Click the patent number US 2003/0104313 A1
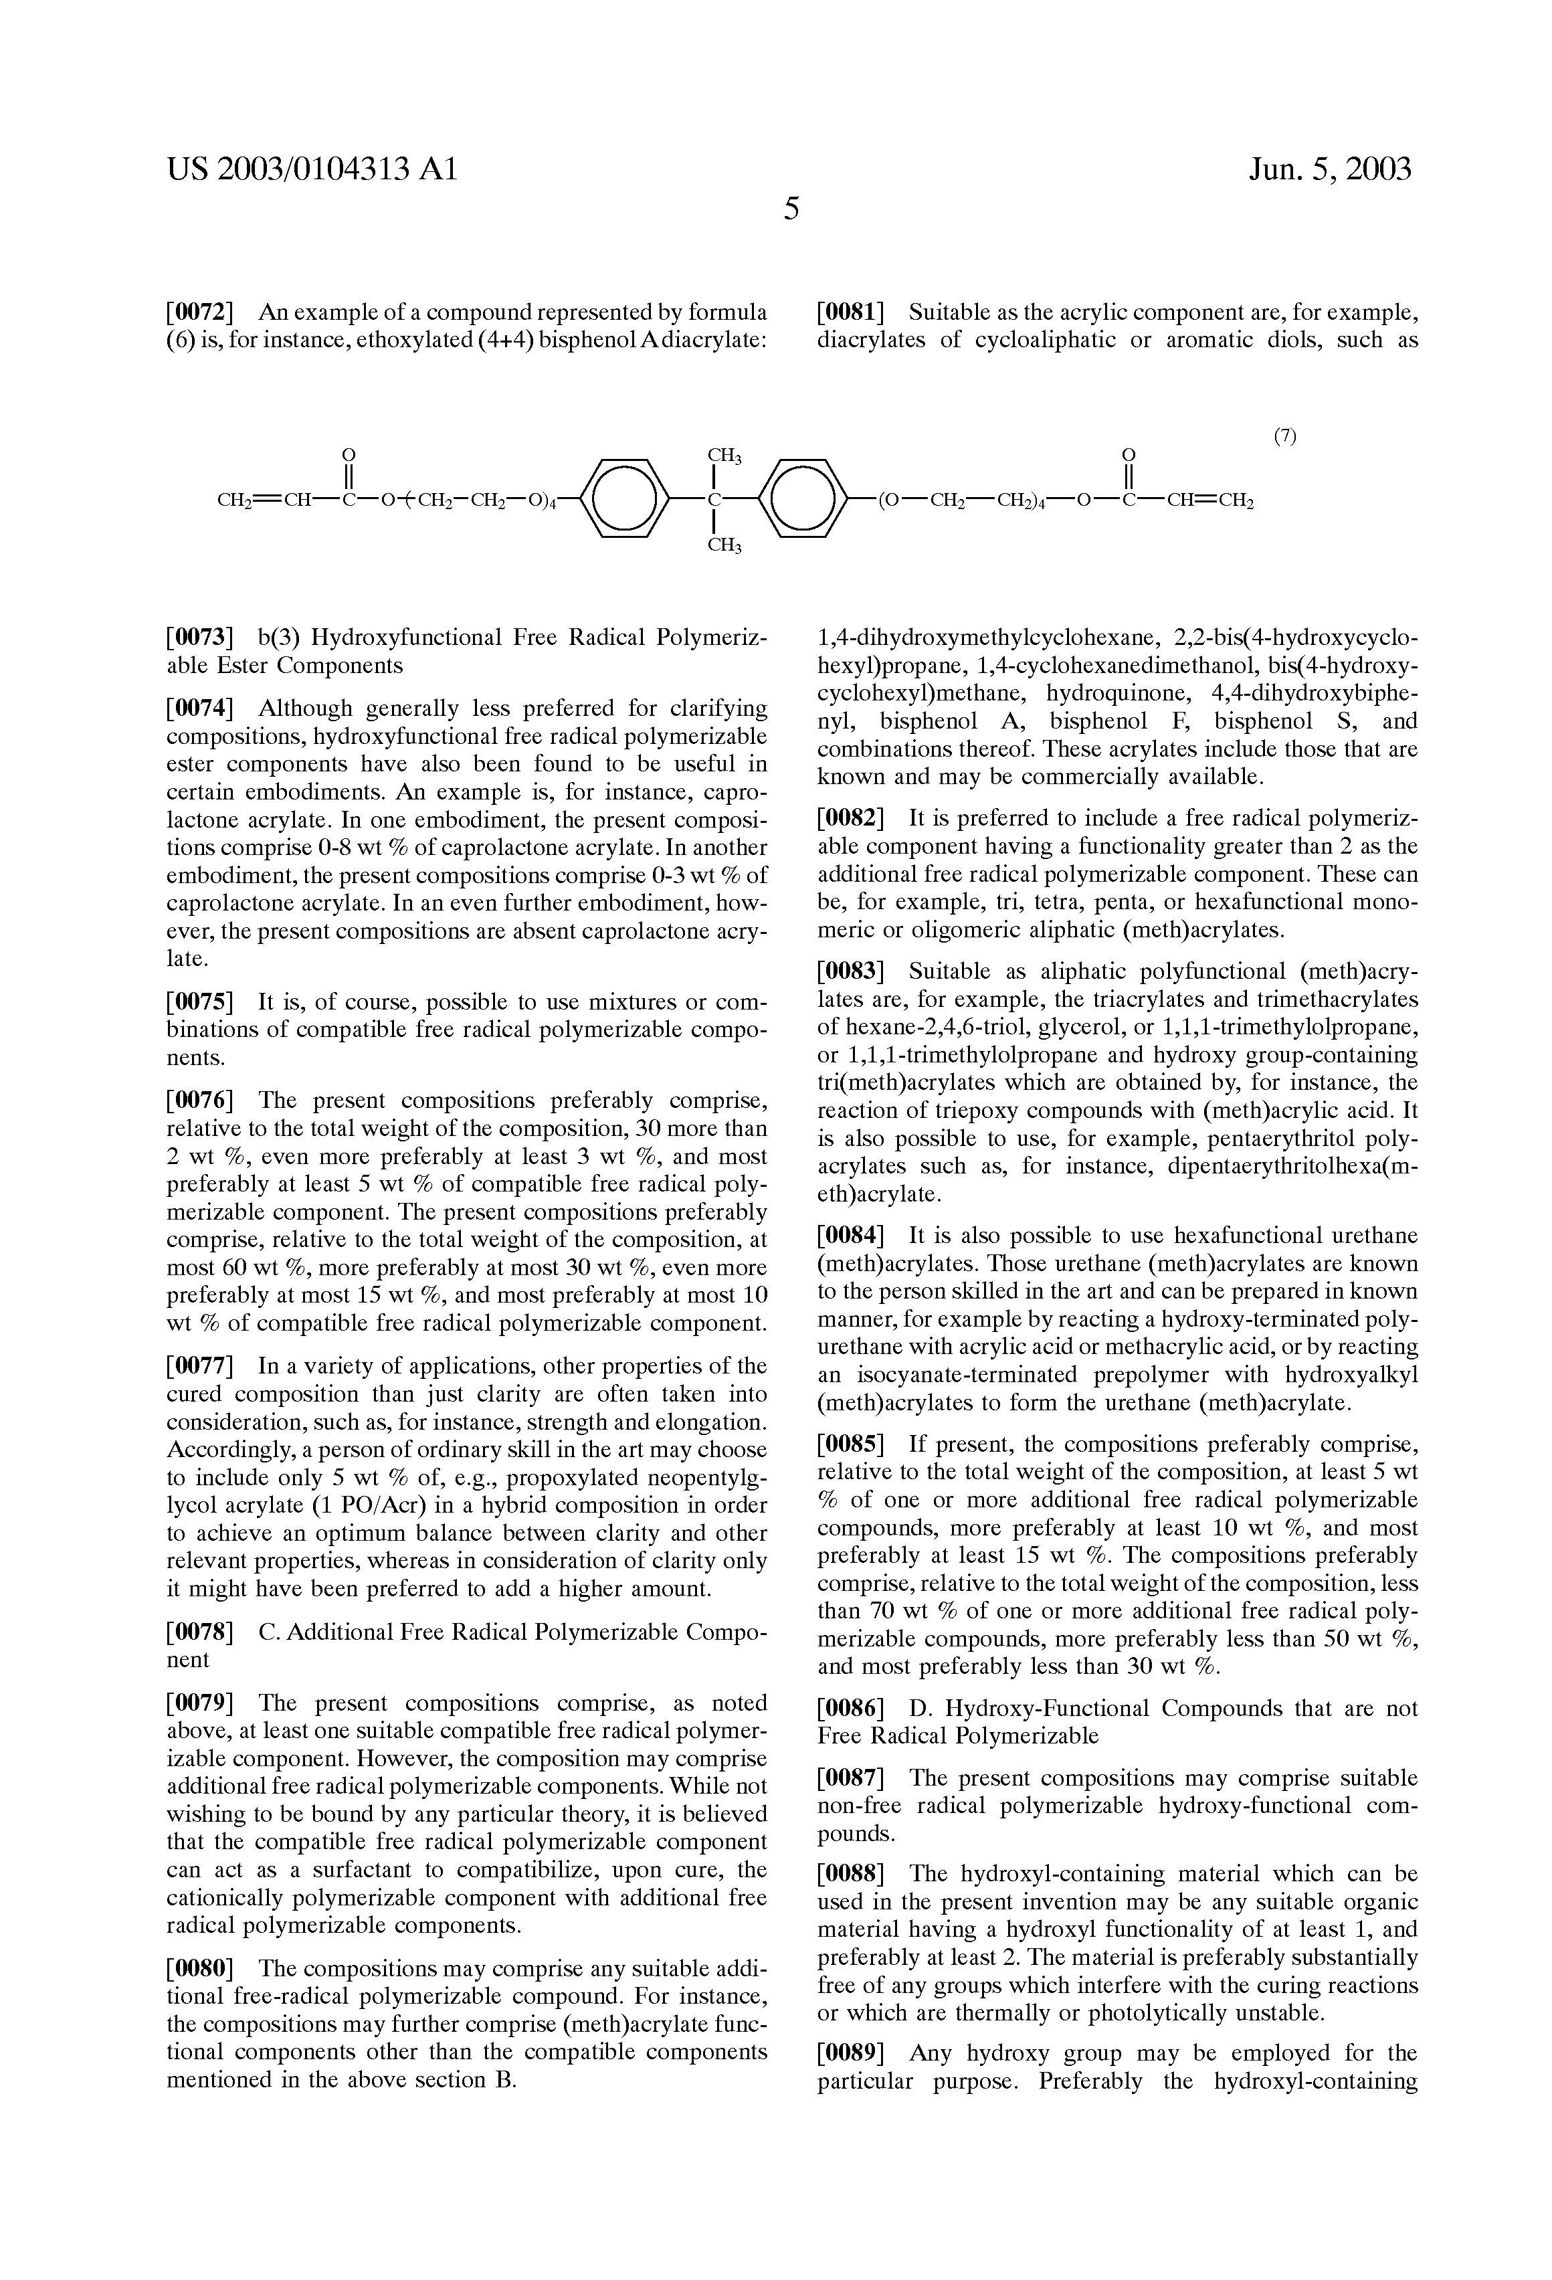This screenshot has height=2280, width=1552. (x=312, y=171)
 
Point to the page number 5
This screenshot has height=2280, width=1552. (x=791, y=208)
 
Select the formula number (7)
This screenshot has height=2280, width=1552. (x=1284, y=438)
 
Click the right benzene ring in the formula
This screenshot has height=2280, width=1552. (x=803, y=499)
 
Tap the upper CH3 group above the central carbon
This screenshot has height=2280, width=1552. (x=724, y=455)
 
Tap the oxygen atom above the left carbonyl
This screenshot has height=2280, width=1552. (x=347, y=454)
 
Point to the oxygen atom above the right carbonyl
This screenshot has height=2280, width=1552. (x=1128, y=454)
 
